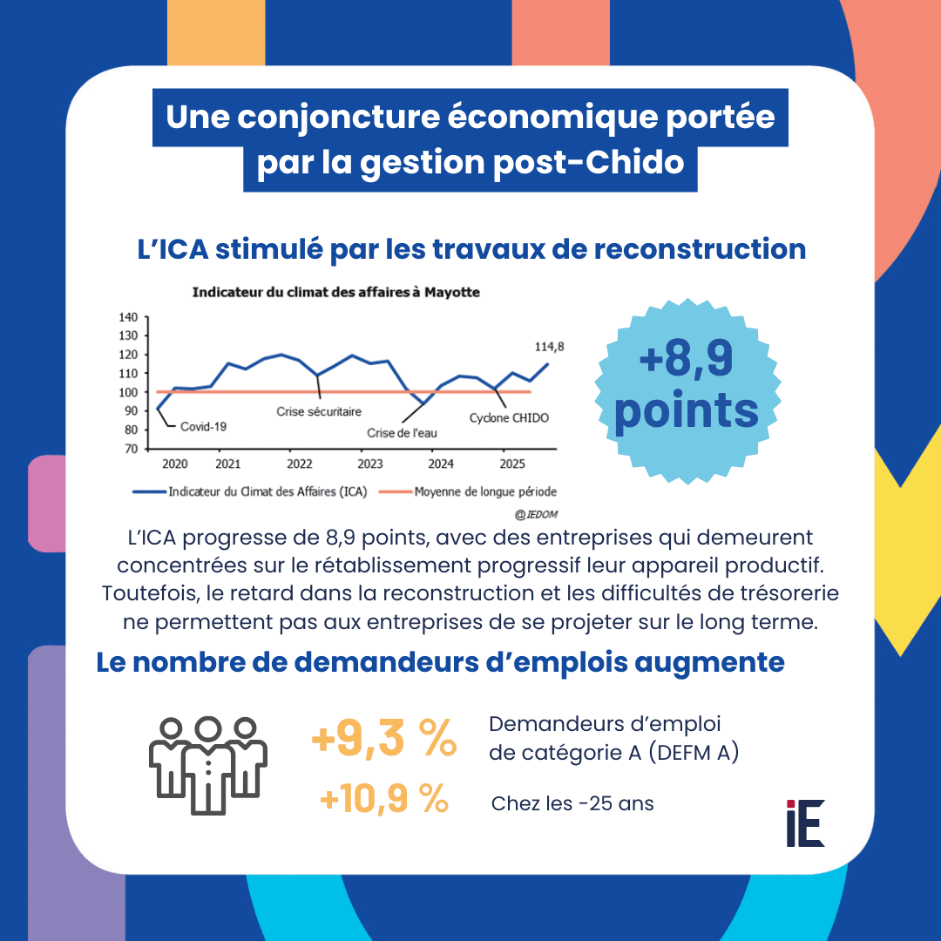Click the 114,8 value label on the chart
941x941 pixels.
tap(549, 346)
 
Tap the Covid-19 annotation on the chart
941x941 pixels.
tap(202, 427)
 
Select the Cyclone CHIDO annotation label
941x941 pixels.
tap(510, 418)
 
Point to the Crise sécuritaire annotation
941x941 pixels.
tap(319, 411)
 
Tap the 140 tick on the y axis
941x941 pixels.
tap(127, 318)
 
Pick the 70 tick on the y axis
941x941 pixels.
tap(130, 448)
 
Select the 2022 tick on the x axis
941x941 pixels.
tap(299, 464)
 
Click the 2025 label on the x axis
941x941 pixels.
tap(505, 464)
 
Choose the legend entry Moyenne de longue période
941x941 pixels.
tap(485, 491)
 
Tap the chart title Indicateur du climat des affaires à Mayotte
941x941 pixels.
tap(335, 293)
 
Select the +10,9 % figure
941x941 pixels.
tap(383, 799)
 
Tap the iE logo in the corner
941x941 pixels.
tap(804, 823)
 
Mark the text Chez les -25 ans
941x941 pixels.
tap(572, 803)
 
